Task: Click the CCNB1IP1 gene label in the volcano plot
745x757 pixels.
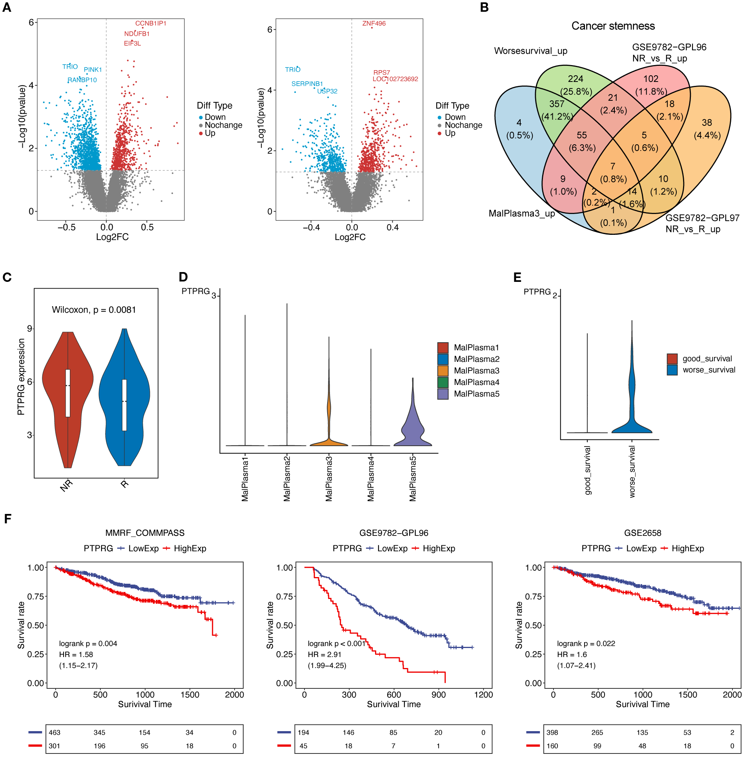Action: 151,24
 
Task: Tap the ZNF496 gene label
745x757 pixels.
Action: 374,24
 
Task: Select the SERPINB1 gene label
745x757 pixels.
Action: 307,84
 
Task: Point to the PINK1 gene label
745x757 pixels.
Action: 93,70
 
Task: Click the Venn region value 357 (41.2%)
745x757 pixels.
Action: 557,110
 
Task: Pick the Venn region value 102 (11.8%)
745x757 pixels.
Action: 651,85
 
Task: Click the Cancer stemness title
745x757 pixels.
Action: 613,26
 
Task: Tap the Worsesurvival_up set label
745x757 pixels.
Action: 530,51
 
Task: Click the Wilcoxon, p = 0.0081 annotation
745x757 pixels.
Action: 94,310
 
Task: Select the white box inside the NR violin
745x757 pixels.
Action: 68,393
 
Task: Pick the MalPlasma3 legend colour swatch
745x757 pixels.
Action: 443,371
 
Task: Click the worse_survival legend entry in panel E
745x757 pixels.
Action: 709,370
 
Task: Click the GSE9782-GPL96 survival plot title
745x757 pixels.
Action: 393,533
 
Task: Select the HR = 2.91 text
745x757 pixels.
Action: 324,654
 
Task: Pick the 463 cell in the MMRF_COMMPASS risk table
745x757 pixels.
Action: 55,732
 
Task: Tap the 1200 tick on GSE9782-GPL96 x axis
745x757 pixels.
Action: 483,695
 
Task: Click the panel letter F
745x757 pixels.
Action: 7,519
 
